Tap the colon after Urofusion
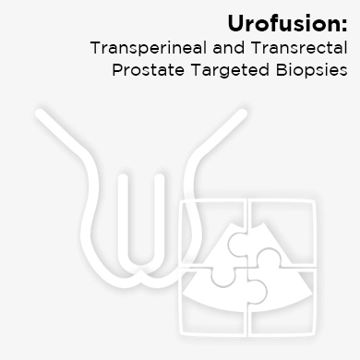(344, 23)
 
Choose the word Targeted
(234, 71)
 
